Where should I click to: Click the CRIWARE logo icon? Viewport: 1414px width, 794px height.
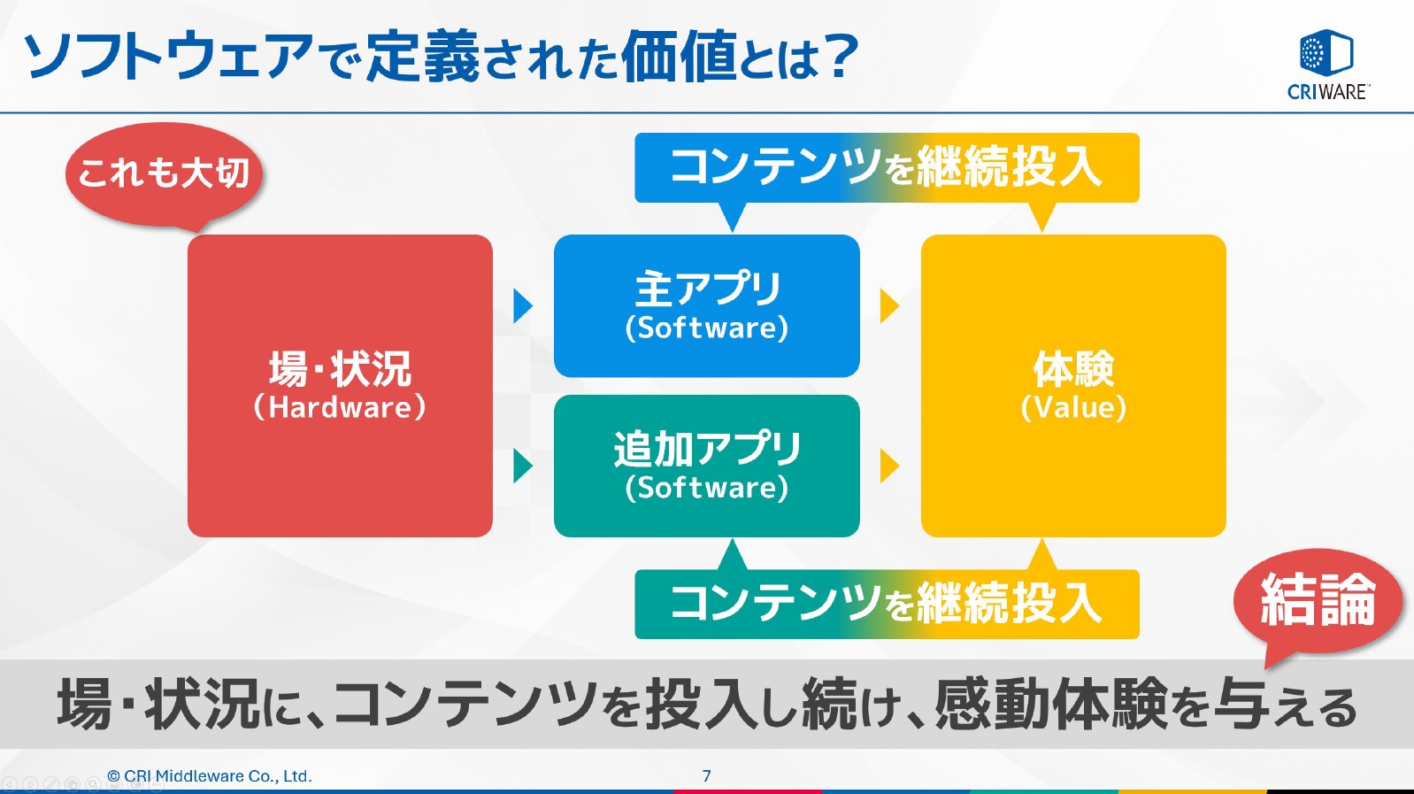(x=1326, y=53)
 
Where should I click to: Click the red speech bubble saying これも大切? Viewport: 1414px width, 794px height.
(x=164, y=173)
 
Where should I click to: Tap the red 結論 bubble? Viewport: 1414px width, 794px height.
(x=1318, y=600)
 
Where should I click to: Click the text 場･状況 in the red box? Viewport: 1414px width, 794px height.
(x=340, y=368)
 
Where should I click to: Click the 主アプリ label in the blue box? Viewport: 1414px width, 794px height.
(x=707, y=289)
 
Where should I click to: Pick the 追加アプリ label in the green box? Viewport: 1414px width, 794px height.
(x=707, y=449)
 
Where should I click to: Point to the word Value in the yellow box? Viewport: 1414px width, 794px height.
(x=1073, y=407)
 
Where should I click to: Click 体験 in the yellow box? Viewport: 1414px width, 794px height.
(x=1073, y=368)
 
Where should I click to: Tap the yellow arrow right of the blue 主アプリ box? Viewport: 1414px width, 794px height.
(x=888, y=306)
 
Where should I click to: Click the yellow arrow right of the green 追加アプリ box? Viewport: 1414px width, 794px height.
(x=888, y=466)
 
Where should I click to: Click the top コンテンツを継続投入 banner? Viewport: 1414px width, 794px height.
(x=886, y=166)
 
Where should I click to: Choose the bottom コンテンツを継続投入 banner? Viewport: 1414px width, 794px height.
(x=886, y=604)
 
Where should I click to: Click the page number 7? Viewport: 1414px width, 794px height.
(x=706, y=776)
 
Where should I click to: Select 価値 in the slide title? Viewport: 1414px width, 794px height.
(x=678, y=57)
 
